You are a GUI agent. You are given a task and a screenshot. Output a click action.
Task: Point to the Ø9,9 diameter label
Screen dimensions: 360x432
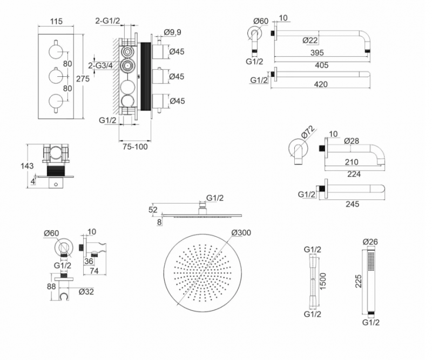172,32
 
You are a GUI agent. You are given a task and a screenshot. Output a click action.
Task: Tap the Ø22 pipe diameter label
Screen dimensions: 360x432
310,40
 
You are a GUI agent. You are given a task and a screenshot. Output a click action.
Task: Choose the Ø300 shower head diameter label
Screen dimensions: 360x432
241,233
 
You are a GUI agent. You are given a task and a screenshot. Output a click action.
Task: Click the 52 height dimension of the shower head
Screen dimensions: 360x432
152,210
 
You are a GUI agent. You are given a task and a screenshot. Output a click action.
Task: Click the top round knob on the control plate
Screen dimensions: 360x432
56,51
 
